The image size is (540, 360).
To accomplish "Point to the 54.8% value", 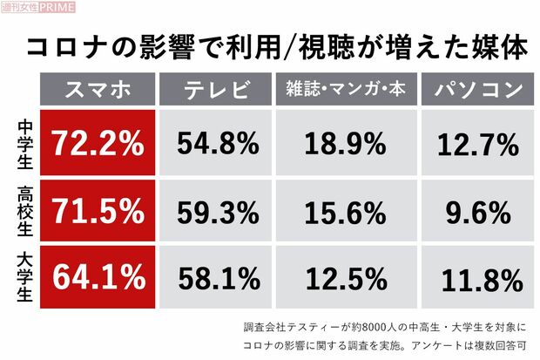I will (219, 140).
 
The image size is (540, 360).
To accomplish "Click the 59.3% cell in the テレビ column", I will (219, 210).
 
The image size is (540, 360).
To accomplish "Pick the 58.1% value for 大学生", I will (219, 277).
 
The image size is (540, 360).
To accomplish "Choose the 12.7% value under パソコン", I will (474, 140).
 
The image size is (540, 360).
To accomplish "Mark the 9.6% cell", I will (474, 210).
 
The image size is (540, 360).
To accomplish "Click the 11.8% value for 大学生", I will (474, 277).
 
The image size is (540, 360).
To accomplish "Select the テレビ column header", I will (218, 90).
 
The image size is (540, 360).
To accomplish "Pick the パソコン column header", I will (474, 90).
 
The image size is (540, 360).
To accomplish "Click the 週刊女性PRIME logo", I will (38, 8).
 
